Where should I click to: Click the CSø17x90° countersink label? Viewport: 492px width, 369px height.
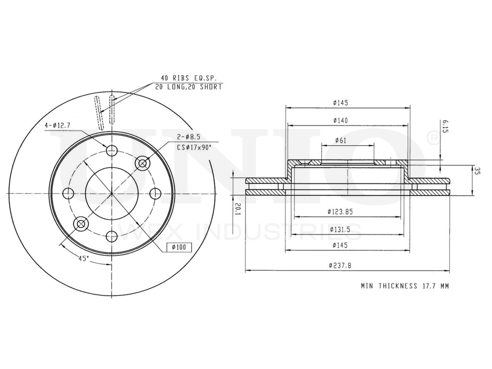click(194, 147)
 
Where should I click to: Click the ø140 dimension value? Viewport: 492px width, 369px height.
click(340, 121)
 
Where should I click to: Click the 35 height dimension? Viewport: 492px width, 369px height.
click(477, 171)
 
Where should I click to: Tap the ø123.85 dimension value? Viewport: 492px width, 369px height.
click(341, 212)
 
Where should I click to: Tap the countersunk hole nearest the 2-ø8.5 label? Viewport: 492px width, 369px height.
click(143, 162)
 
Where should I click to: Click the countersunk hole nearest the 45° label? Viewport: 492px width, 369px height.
click(81, 224)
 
